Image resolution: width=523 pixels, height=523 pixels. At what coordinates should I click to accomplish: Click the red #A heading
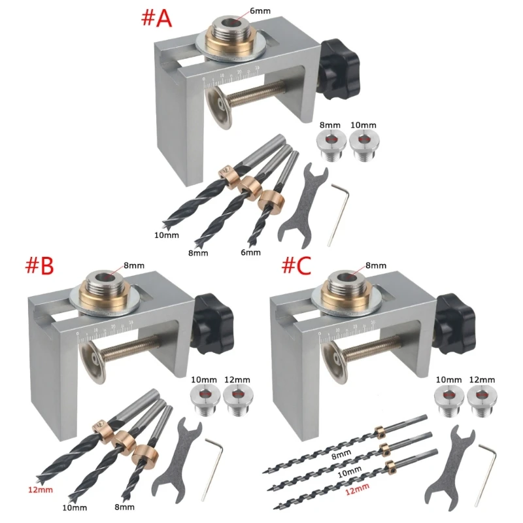(x=156, y=18)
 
